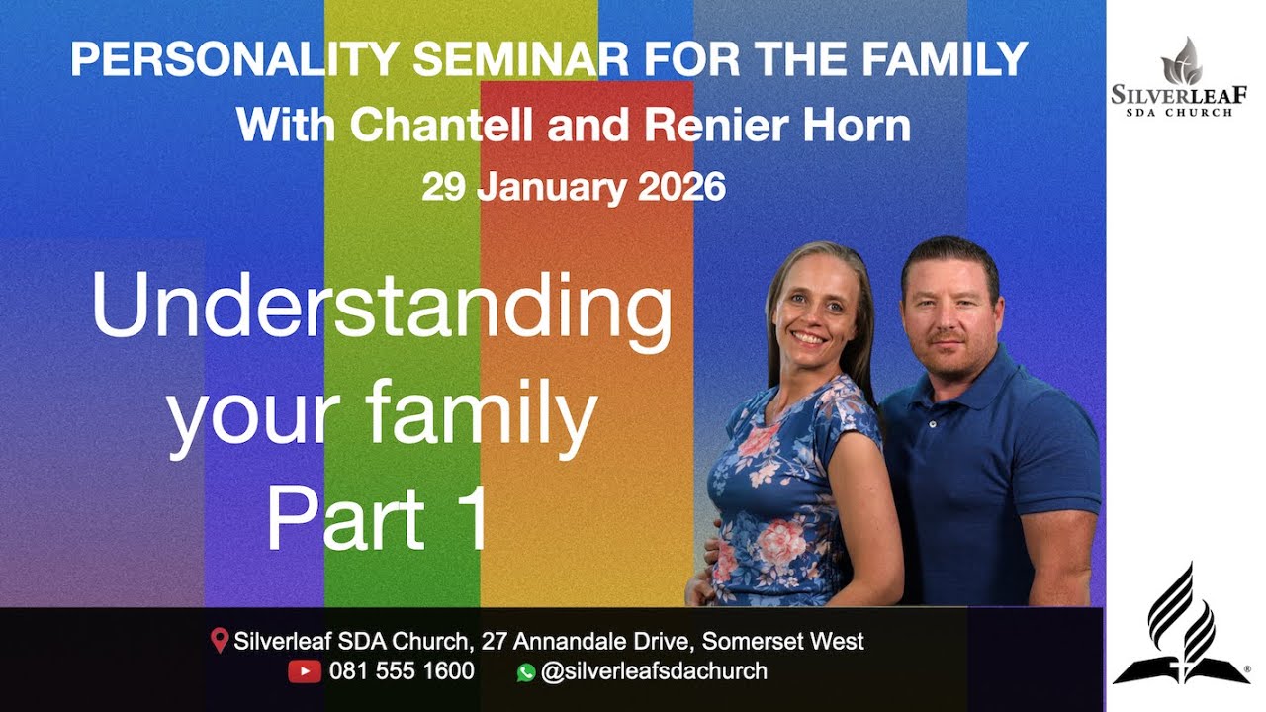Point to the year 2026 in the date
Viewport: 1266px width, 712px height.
click(x=681, y=186)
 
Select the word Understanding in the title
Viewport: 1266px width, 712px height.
click(x=382, y=309)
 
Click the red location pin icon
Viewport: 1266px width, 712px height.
click(x=220, y=641)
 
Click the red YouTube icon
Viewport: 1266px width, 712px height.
click(x=304, y=671)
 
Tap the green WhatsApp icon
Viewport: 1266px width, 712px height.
click(x=525, y=672)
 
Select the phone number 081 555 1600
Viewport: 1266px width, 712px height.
click(x=402, y=671)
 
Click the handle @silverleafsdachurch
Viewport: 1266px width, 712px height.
click(x=654, y=671)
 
